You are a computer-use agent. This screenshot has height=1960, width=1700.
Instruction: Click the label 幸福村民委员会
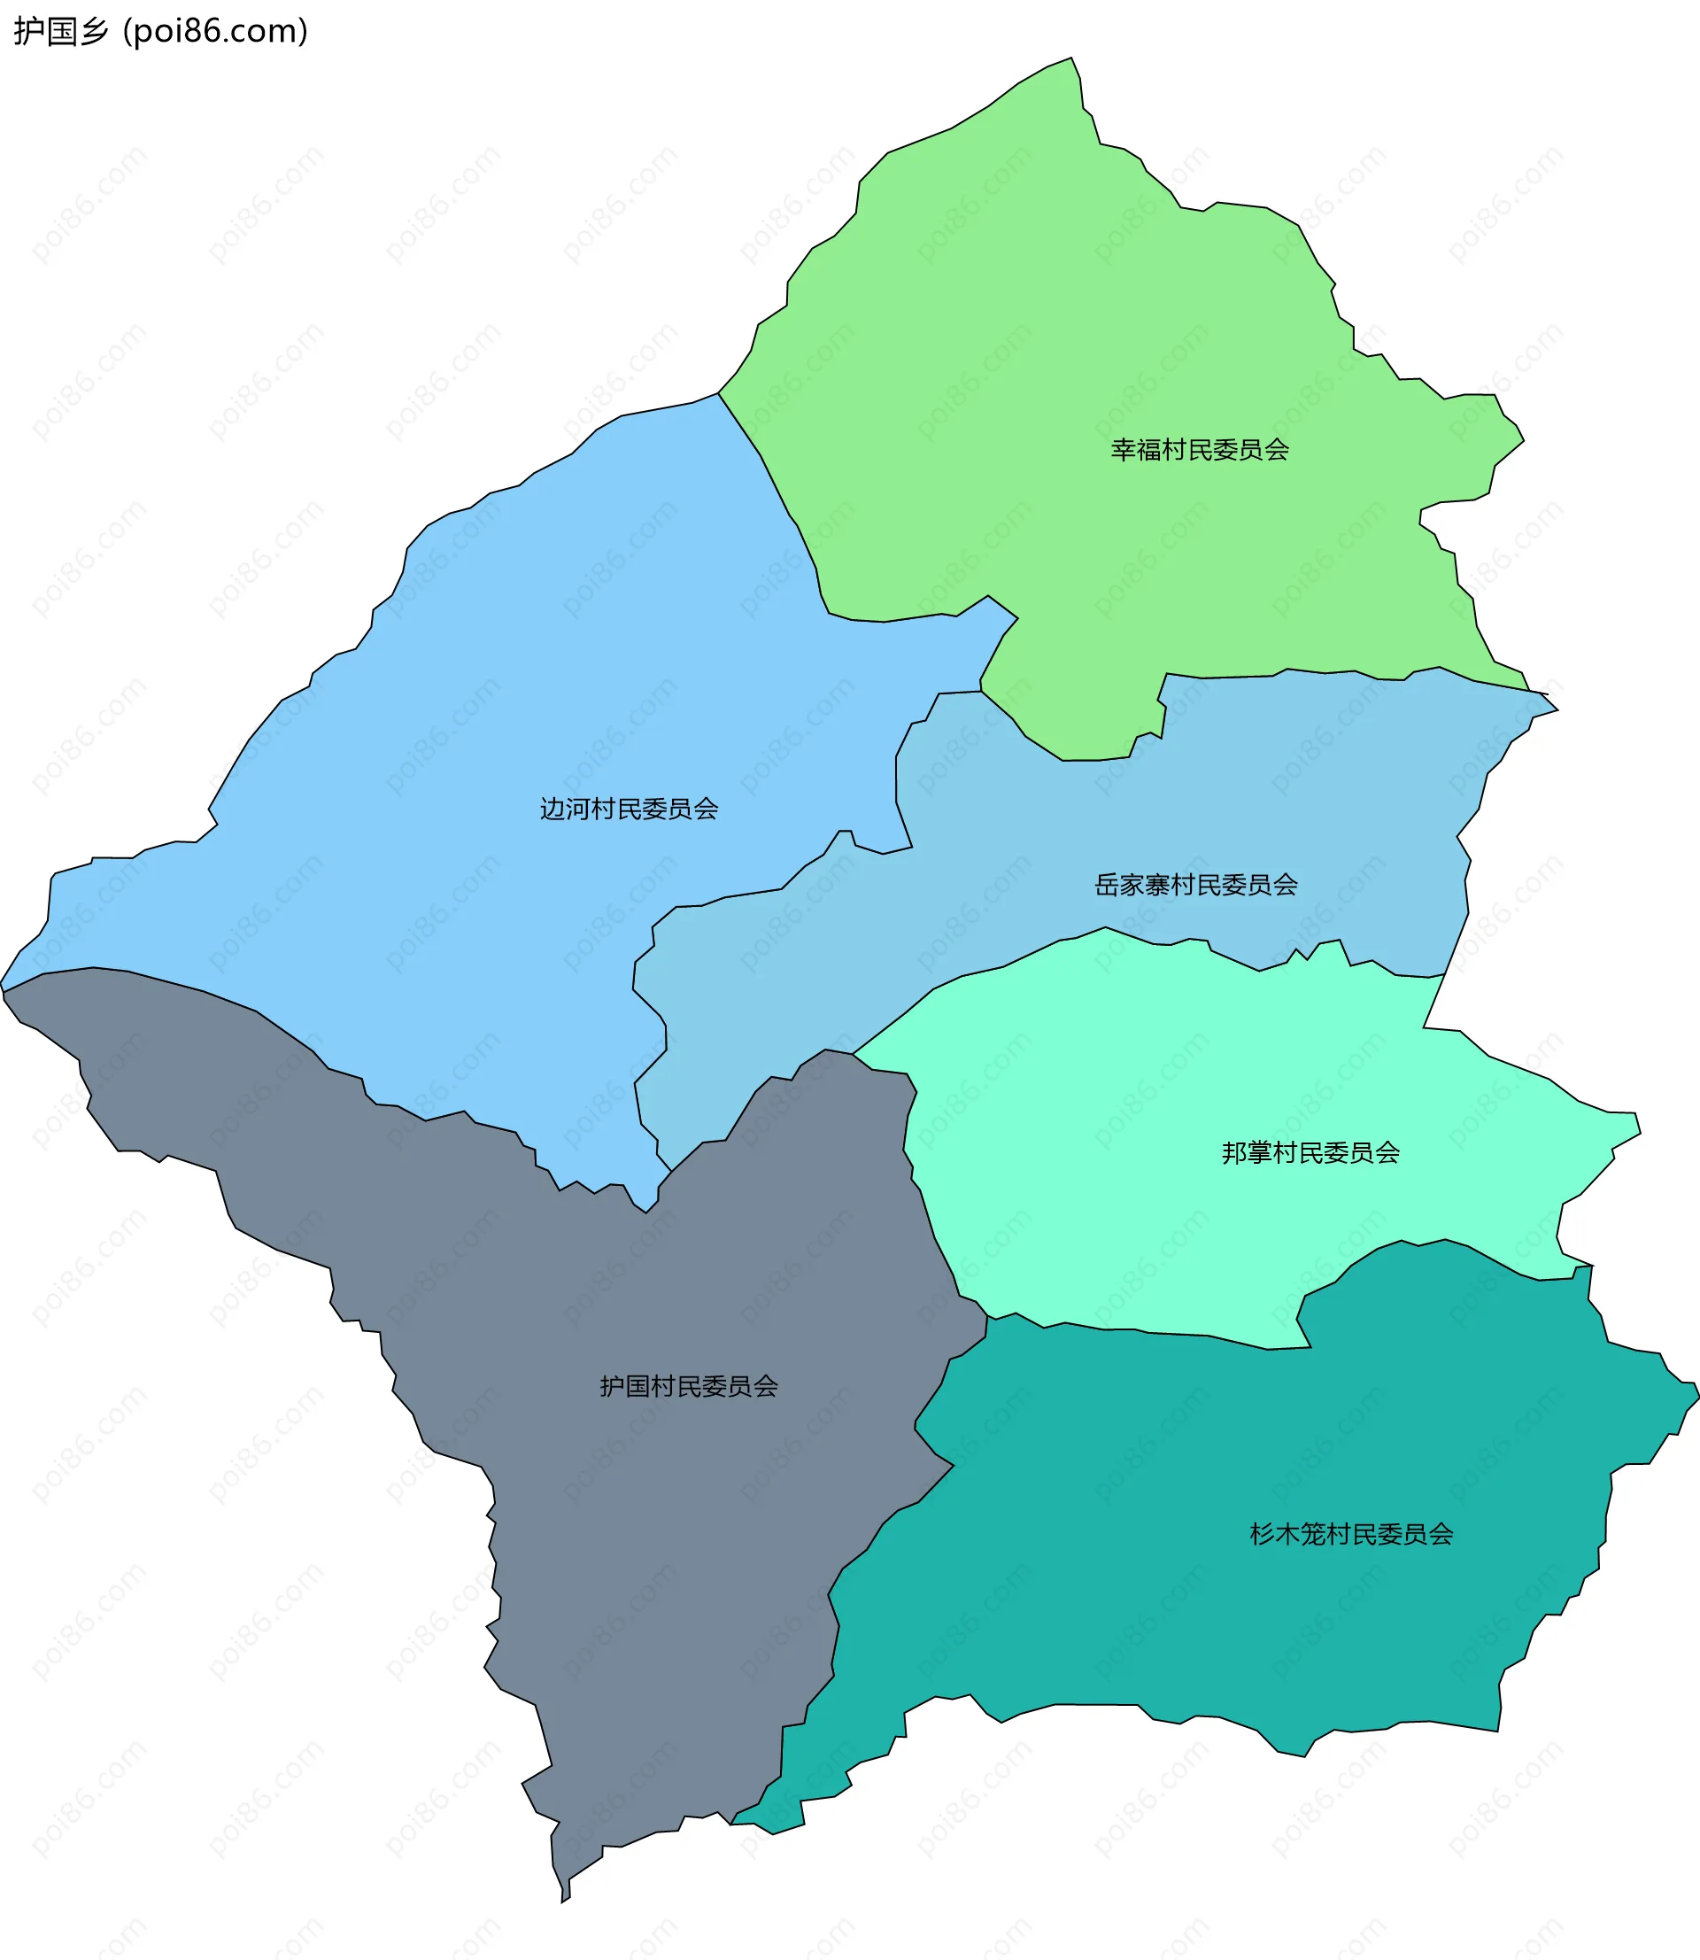tap(1199, 450)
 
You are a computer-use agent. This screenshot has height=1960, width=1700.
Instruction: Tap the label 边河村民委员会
tap(629, 809)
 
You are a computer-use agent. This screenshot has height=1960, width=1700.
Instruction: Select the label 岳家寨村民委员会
tap(1195, 884)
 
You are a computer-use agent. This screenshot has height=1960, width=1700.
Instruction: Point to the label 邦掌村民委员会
tap(1310, 1152)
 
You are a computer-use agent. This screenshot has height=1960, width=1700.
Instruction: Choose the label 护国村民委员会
tap(689, 1386)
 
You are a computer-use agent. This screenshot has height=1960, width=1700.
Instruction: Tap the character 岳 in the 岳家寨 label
tap(1107, 884)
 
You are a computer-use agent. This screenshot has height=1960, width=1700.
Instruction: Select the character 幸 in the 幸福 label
tap(1124, 450)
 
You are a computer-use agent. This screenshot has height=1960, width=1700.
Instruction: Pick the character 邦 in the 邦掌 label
tap(1234, 1152)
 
